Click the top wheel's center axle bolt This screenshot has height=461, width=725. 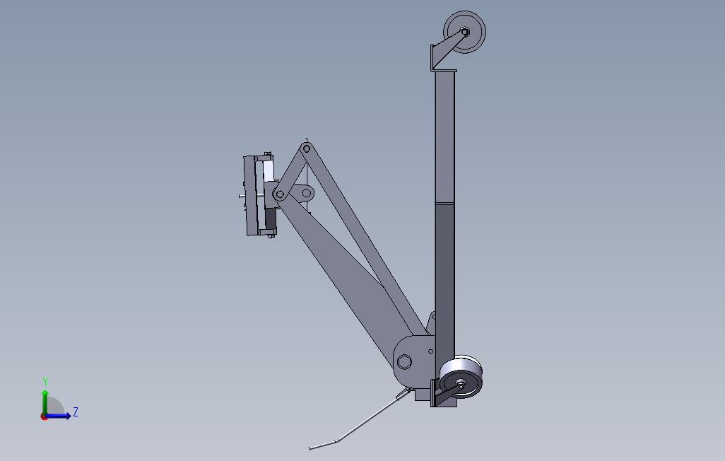[x=465, y=32]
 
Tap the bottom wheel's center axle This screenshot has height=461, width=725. [x=461, y=384]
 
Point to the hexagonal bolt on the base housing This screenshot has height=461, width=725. [x=404, y=362]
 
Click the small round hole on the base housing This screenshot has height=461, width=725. [x=431, y=351]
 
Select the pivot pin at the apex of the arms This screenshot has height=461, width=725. [x=306, y=148]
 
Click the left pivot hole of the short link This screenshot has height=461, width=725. [x=280, y=194]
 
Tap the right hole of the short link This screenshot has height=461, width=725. [x=307, y=192]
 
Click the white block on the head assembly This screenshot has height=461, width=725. [x=269, y=171]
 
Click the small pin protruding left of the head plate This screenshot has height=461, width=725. [x=242, y=196]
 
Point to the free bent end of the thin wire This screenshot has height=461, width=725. [x=312, y=448]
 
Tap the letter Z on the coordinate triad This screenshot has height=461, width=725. [x=76, y=412]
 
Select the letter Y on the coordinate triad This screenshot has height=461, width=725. [x=45, y=382]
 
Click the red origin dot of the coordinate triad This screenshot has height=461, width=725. [x=45, y=416]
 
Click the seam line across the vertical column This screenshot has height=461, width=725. [x=445, y=204]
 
